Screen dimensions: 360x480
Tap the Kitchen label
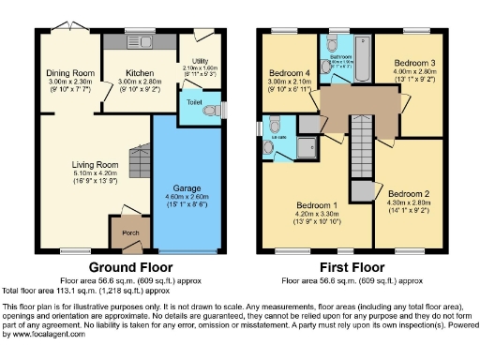point(128,72)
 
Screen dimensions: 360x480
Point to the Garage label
point(187,187)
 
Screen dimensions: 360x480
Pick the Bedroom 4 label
point(289,72)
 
